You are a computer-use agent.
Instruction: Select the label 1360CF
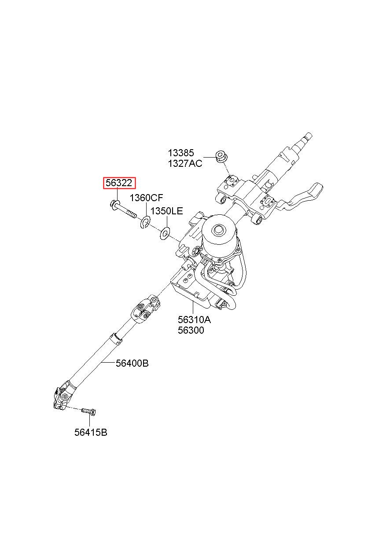point(147,198)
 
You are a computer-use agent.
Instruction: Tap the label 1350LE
point(166,211)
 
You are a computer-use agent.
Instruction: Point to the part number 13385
point(180,153)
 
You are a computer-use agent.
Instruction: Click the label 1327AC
point(185,164)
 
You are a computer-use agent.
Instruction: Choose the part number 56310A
point(194,320)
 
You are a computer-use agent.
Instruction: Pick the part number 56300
point(191,330)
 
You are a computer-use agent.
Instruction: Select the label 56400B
point(132,364)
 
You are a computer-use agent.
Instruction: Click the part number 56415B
point(91,433)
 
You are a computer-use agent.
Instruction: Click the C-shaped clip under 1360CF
point(145,223)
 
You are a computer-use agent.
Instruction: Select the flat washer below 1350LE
point(165,233)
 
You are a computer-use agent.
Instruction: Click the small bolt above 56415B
point(89,412)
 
